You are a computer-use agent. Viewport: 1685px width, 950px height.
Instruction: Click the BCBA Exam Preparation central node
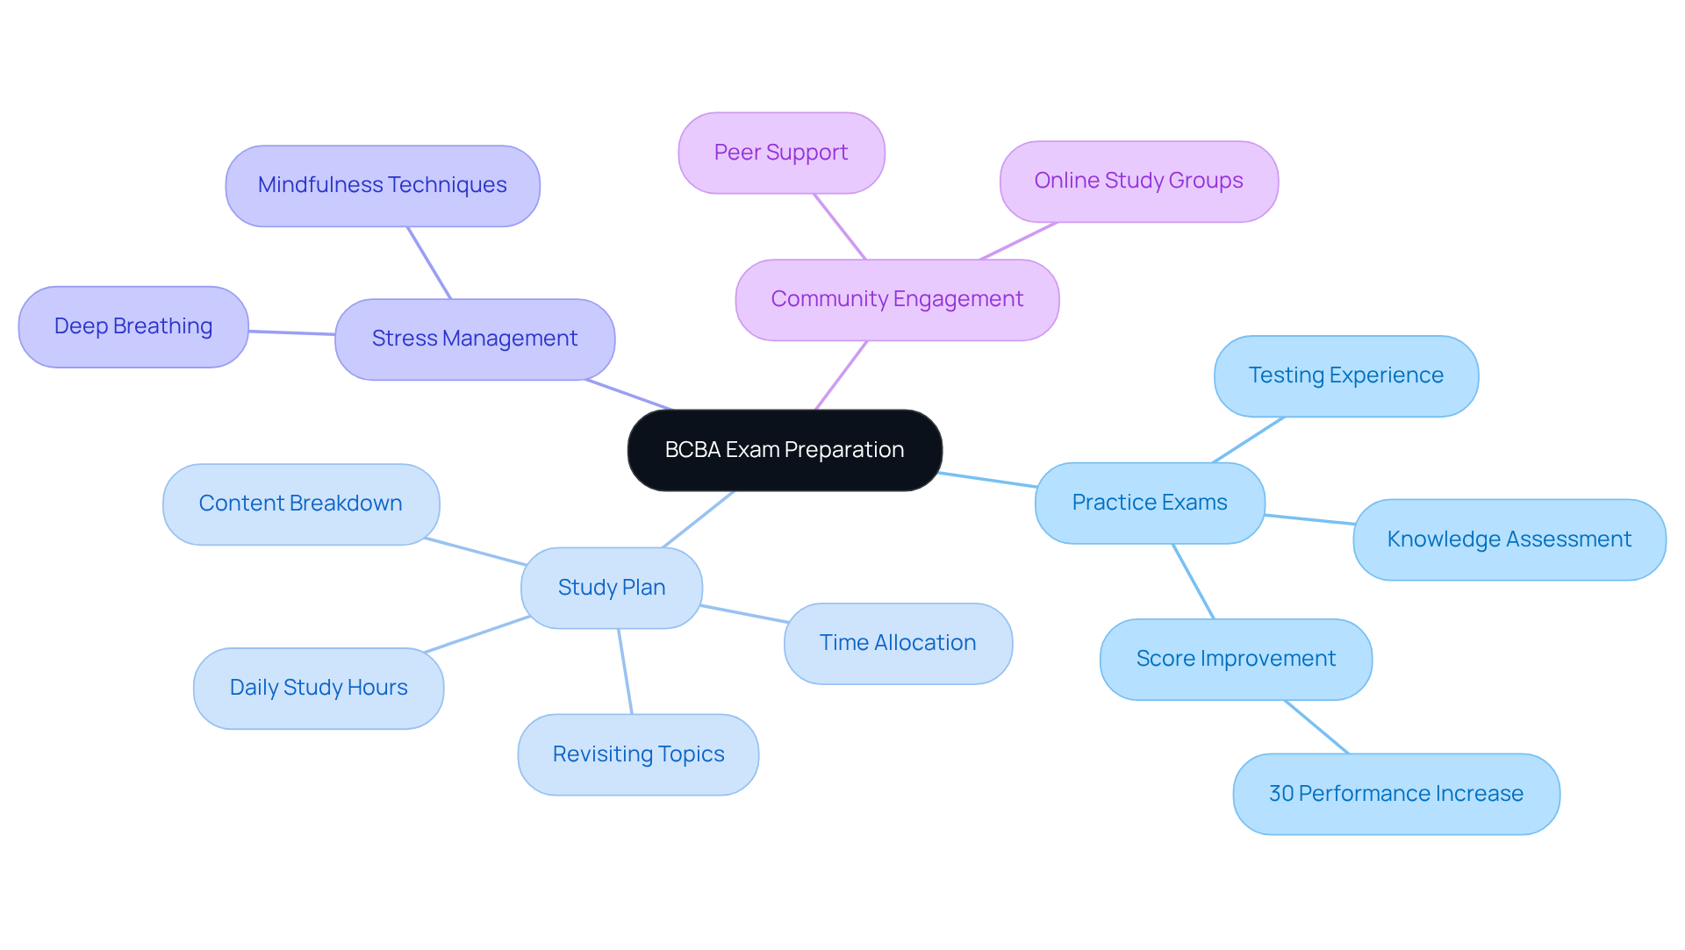click(785, 450)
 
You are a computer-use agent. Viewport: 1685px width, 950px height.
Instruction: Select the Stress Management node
click(475, 339)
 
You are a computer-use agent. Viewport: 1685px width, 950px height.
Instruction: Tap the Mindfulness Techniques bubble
click(383, 186)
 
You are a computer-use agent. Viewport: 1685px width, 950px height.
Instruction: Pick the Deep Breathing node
click(133, 326)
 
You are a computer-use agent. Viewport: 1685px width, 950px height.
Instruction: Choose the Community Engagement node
click(897, 300)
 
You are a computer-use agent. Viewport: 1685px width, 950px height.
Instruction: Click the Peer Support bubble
click(781, 153)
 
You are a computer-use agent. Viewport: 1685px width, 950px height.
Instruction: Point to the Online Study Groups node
click(1138, 182)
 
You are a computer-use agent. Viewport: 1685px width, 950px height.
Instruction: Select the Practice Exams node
click(1150, 503)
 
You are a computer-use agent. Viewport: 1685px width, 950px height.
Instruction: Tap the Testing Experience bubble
click(1345, 376)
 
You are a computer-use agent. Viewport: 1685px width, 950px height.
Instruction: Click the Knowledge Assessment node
click(1509, 539)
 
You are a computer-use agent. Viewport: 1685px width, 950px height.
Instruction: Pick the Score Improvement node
click(1236, 659)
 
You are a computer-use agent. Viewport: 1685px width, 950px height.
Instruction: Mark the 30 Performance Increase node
click(1395, 794)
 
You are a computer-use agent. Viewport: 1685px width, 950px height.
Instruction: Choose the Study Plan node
click(612, 588)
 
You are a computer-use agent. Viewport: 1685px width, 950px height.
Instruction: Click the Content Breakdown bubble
click(300, 504)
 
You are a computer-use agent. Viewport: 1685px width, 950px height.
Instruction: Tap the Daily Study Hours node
click(319, 688)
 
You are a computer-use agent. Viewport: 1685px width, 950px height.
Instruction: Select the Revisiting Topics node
click(638, 754)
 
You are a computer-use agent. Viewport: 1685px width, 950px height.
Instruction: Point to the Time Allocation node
click(898, 643)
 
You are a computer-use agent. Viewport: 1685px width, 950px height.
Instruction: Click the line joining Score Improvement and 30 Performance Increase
click(1316, 727)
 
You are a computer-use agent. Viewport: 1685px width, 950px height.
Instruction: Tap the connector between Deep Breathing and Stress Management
click(291, 332)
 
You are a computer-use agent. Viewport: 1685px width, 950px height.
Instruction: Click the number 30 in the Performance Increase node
click(1281, 794)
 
